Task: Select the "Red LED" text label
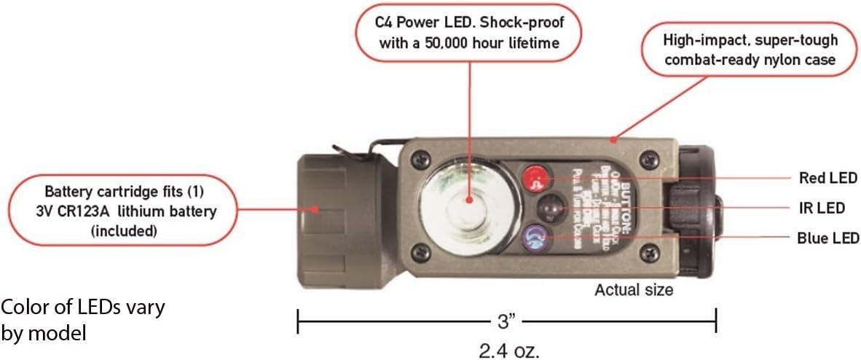(828, 177)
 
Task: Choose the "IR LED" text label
(831, 208)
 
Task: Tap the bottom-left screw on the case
(417, 252)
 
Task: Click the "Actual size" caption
(634, 290)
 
